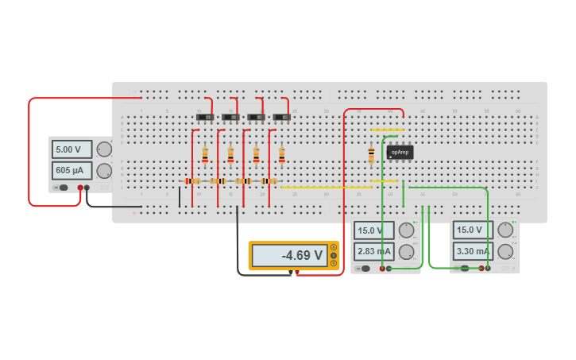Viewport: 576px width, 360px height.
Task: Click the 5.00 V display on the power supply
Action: point(72,149)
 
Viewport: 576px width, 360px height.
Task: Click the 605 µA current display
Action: point(72,170)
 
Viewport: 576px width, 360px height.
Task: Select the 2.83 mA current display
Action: point(373,252)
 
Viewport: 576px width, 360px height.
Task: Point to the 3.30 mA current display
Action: point(473,252)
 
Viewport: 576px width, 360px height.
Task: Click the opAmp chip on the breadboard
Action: point(400,152)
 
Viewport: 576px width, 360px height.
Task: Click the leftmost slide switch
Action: point(205,118)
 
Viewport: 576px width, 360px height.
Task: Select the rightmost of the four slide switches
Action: point(282,118)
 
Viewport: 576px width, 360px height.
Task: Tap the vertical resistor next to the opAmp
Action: point(371,154)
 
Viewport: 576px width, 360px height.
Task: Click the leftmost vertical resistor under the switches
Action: point(205,154)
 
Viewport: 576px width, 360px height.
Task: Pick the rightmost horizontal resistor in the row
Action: point(269,181)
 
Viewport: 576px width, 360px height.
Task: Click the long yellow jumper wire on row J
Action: point(326,188)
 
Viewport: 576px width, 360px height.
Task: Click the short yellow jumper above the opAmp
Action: point(387,130)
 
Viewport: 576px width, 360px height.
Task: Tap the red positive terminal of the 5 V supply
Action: point(80,188)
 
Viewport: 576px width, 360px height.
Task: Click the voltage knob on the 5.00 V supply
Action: point(104,149)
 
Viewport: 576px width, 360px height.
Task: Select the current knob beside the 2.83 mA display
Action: point(407,252)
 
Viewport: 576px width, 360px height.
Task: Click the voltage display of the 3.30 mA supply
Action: point(473,230)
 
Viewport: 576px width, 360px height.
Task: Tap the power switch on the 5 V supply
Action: point(60,188)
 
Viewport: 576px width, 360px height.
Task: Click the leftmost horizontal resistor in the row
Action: point(192,181)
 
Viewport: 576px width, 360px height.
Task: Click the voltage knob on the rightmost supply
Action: point(506,230)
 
